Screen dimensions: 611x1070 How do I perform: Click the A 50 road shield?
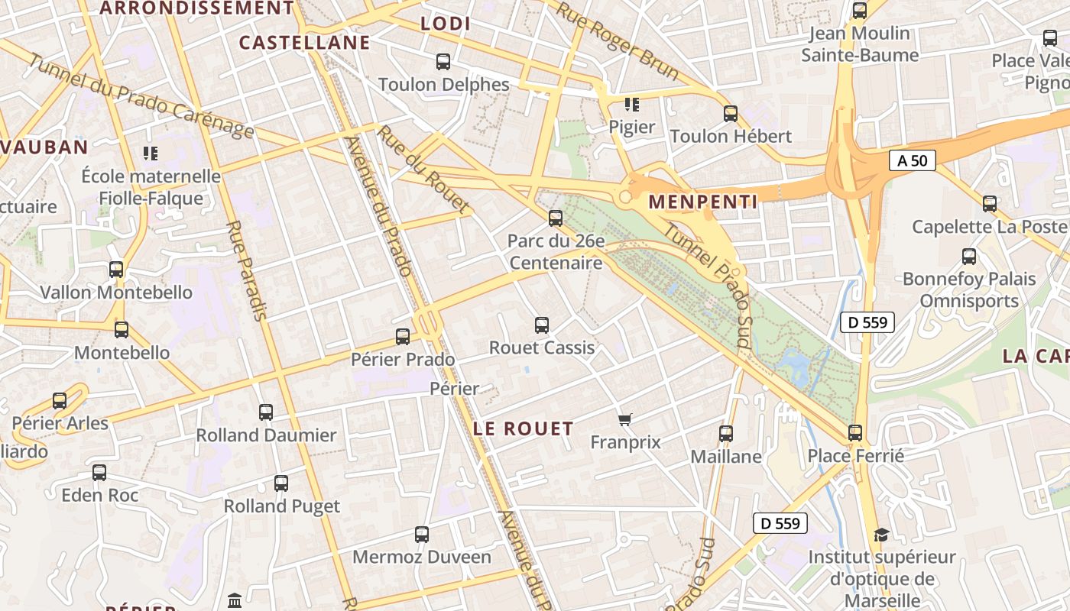(912, 160)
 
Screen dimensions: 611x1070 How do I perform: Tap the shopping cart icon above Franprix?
(625, 419)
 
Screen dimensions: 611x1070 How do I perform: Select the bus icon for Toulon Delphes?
(443, 62)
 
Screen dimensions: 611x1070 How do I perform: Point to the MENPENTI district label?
(703, 202)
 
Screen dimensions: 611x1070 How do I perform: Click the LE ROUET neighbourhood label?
(524, 428)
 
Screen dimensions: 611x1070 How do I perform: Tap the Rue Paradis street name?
(247, 270)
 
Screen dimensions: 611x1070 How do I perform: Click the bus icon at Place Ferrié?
(855, 433)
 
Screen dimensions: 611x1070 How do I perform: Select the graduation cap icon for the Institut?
(882, 535)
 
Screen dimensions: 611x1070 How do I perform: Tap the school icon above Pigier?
(631, 105)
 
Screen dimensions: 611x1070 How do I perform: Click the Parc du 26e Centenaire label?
(556, 252)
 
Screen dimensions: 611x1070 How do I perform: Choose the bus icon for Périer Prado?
(403, 337)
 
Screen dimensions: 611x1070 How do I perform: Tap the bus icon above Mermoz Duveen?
(422, 535)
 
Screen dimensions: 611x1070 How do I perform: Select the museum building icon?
(235, 600)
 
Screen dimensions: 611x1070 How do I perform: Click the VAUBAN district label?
(44, 147)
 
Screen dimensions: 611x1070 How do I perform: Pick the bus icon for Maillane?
(726, 434)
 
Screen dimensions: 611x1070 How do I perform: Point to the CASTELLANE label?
(304, 43)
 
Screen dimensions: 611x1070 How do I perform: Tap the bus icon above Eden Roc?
(99, 473)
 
